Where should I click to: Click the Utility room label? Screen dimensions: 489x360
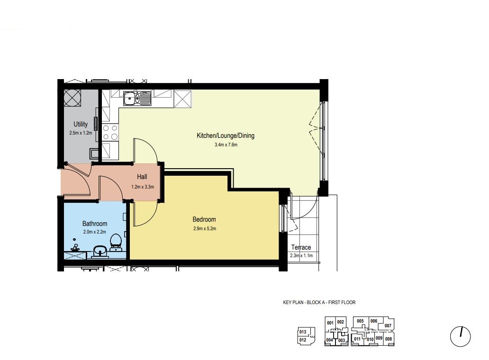pos(81,124)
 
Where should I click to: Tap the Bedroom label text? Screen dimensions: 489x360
pos(204,219)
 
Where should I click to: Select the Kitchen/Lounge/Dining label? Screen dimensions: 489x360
pos(226,135)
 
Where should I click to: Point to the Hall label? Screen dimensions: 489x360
pos(142,177)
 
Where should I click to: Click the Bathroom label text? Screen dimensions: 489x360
pos(95,224)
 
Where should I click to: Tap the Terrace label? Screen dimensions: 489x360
pos(301,247)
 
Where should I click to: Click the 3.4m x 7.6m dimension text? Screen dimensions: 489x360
pos(226,144)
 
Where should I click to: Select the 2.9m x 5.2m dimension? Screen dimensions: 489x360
pos(205,228)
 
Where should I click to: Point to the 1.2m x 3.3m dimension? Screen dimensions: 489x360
pos(143,187)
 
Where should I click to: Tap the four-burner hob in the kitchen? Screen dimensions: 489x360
pos(110,132)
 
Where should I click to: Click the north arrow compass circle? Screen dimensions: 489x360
pos(460,337)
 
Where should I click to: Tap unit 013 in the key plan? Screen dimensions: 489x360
pos(303,332)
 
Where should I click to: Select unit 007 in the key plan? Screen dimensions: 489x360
pos(388,326)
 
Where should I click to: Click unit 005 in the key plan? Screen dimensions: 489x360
pos(360,321)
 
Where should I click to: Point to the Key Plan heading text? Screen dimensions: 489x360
pos(319,302)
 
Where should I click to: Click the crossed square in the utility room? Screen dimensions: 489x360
pos(72,98)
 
